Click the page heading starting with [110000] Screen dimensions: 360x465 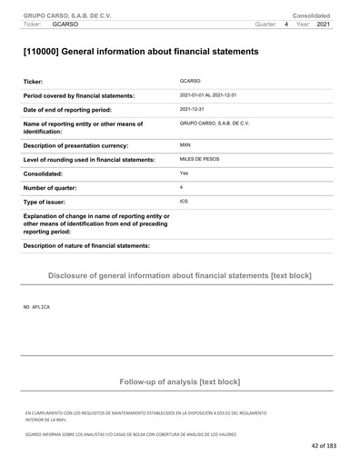coord(140,52)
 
